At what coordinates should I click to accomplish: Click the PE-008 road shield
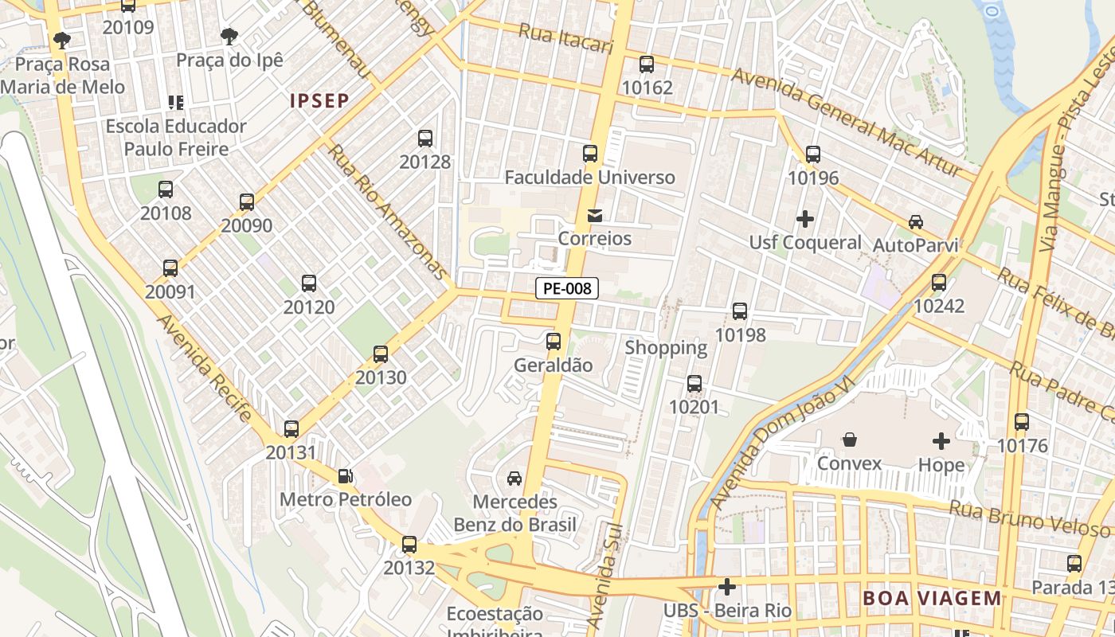click(x=566, y=288)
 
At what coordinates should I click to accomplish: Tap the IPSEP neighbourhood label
click(x=319, y=100)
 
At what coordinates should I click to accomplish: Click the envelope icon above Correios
click(x=594, y=215)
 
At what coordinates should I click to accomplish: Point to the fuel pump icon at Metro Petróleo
click(x=346, y=476)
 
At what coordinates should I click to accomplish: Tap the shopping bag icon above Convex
click(x=850, y=440)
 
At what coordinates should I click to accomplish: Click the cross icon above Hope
click(x=941, y=440)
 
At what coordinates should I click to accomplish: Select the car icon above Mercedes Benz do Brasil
click(x=514, y=478)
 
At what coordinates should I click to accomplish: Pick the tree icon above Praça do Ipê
click(x=229, y=37)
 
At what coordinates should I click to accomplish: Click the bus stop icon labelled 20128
click(x=425, y=139)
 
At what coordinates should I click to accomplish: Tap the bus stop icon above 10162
click(x=647, y=64)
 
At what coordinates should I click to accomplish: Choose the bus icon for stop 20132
click(x=409, y=545)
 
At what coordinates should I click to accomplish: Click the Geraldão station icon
click(x=554, y=342)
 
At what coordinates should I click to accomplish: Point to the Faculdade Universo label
click(x=590, y=177)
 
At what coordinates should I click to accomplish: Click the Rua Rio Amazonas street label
click(x=388, y=212)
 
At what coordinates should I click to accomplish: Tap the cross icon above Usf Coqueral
click(x=805, y=218)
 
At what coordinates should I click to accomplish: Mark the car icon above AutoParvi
click(x=916, y=222)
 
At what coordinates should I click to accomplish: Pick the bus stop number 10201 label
click(x=694, y=408)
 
